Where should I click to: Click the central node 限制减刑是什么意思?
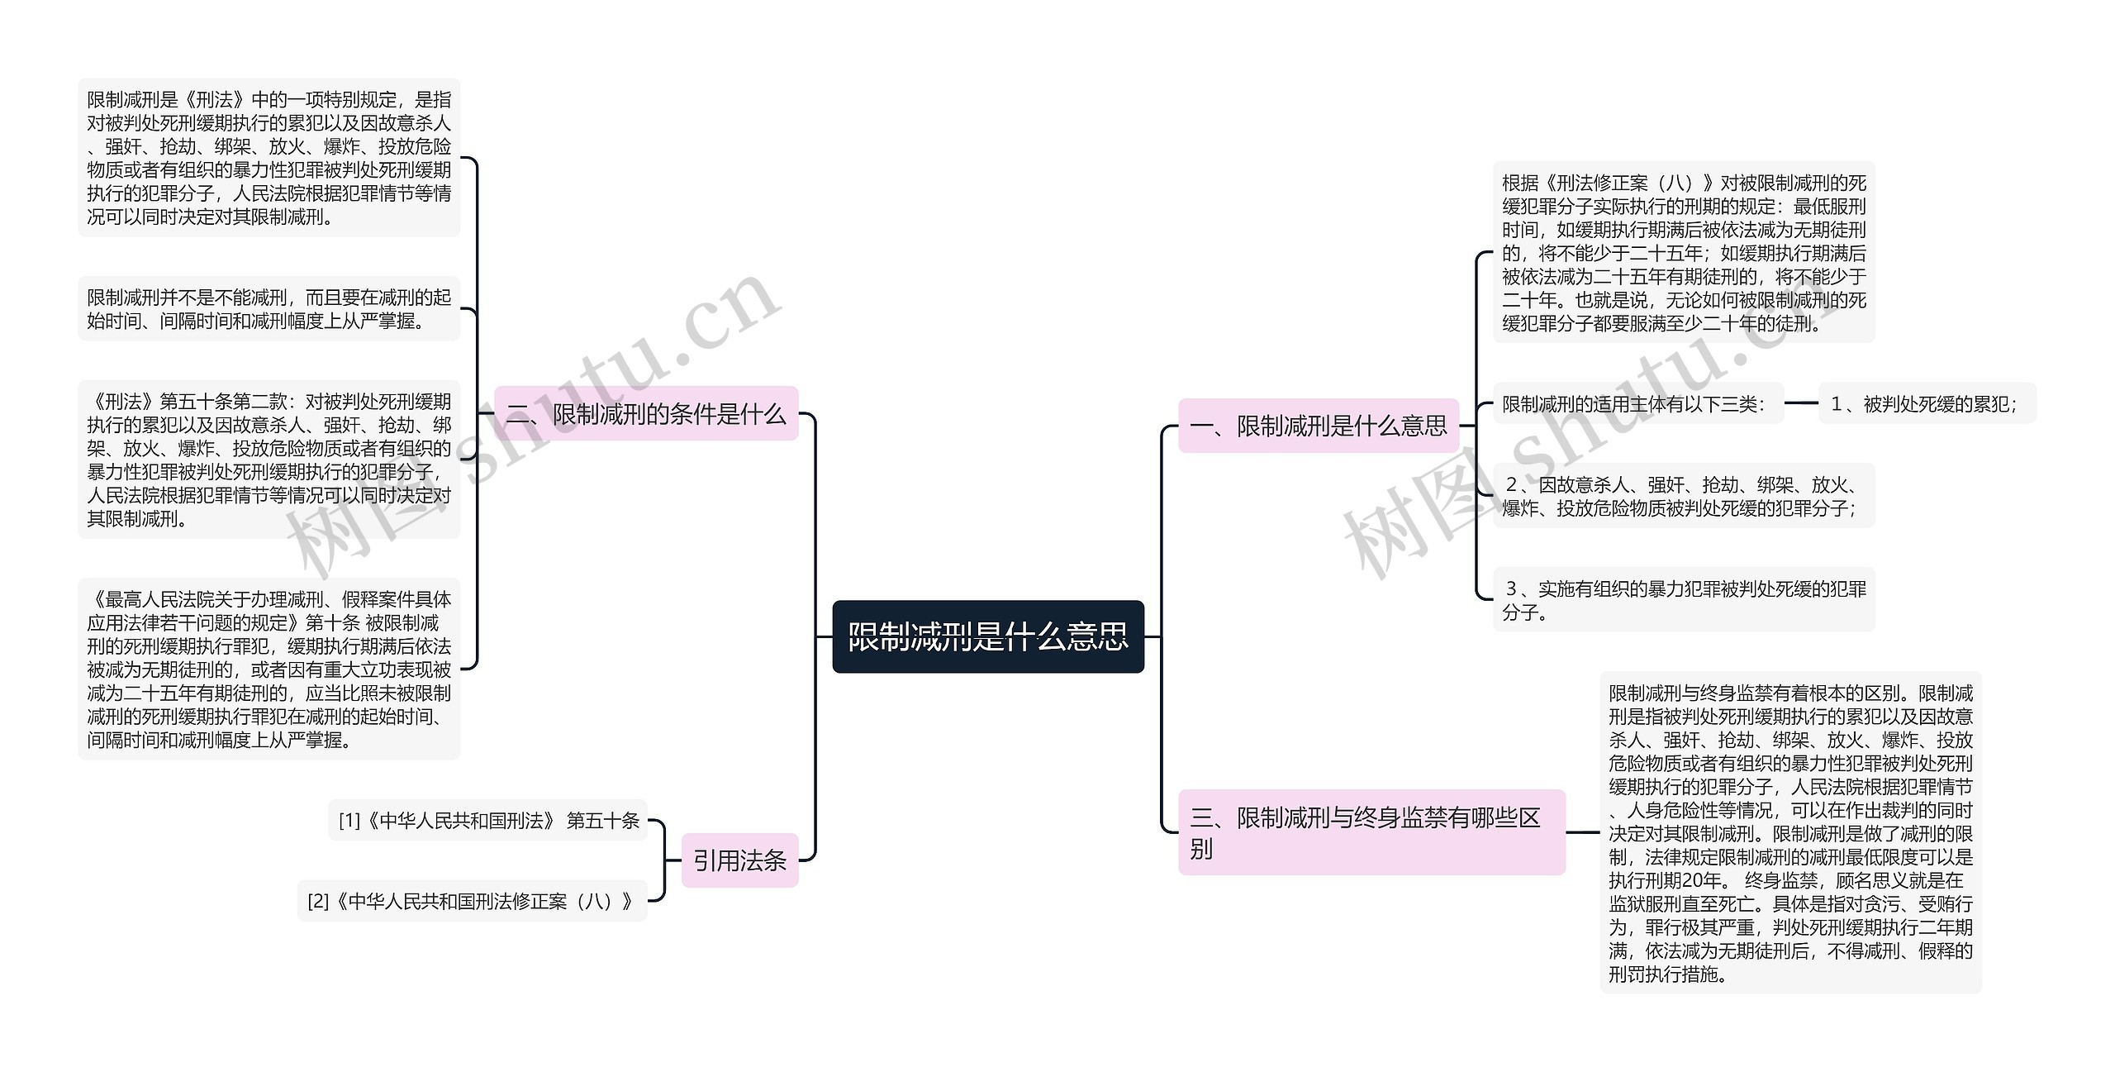(987, 636)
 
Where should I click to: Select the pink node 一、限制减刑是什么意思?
(1318, 426)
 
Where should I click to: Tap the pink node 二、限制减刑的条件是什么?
(646, 413)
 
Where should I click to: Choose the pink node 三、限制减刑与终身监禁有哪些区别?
(1371, 831)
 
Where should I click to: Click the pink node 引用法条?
(739, 860)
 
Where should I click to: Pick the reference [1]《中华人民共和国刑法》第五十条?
(488, 820)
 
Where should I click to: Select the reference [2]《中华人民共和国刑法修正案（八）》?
(472, 901)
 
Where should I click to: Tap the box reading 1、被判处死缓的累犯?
(1927, 403)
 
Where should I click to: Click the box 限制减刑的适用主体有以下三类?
(1637, 403)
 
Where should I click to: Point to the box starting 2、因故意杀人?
(1683, 496)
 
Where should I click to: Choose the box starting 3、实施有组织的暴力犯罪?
(1683, 600)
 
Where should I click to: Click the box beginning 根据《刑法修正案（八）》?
(1683, 252)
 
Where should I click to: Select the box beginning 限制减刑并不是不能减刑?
(269, 308)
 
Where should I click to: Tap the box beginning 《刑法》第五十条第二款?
(269, 460)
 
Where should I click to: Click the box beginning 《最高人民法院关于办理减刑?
(269, 669)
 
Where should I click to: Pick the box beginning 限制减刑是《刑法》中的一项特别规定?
(269, 158)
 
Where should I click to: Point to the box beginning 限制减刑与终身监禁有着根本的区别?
(1789, 833)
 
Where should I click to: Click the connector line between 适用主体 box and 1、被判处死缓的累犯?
(1801, 403)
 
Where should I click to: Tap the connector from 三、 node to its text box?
(1582, 832)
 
